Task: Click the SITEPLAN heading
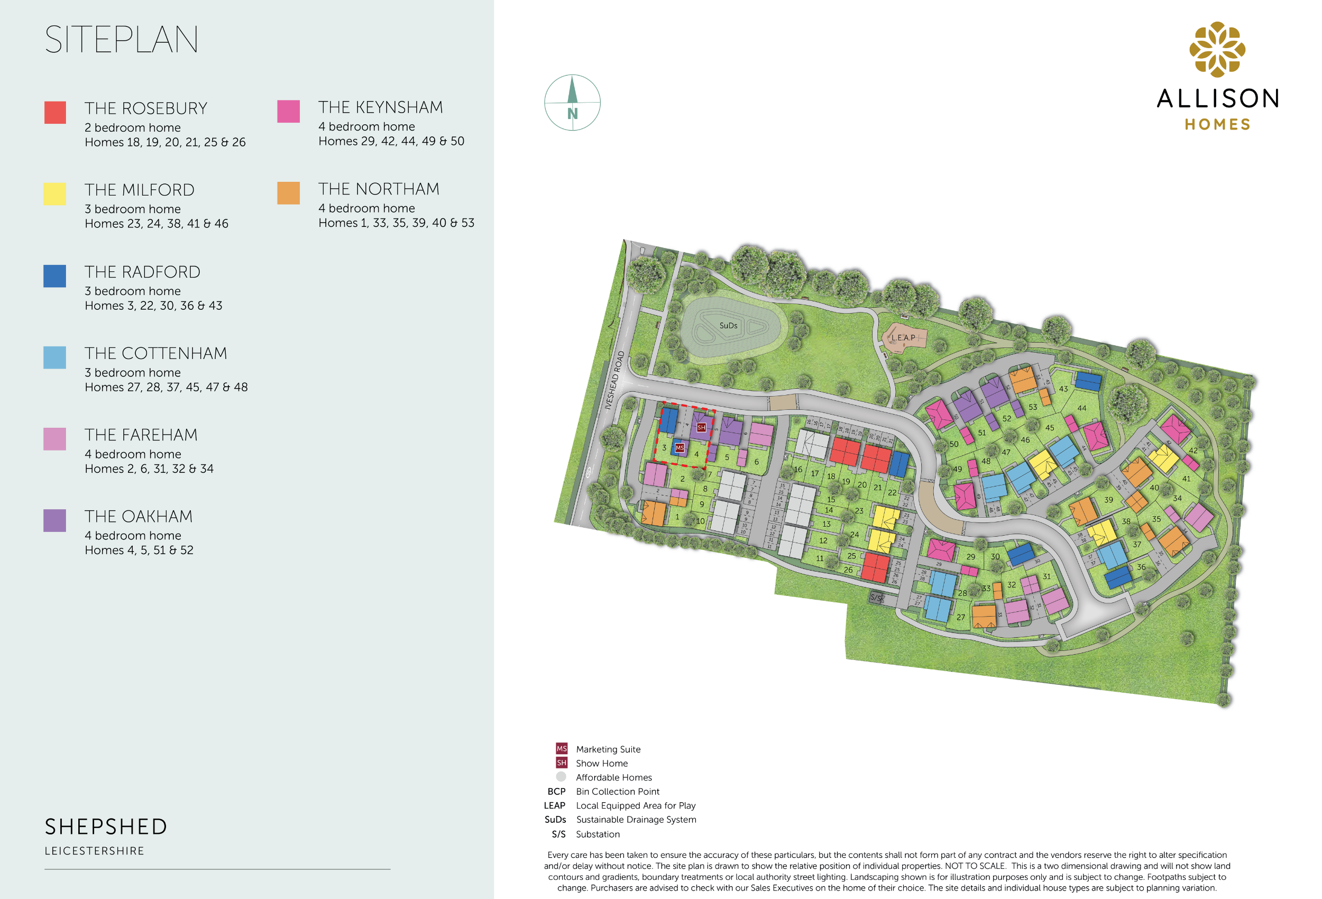(x=121, y=40)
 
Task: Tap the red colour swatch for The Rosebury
(x=55, y=112)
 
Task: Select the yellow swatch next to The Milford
(x=54, y=194)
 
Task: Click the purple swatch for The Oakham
(x=54, y=520)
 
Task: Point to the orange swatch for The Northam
(x=288, y=193)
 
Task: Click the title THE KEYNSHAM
(x=380, y=107)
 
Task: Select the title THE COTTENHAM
(x=156, y=353)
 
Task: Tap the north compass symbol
(x=572, y=103)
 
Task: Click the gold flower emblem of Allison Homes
(x=1217, y=50)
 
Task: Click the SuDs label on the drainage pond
(x=728, y=325)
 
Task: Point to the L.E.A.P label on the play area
(x=903, y=337)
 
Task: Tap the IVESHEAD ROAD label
(x=614, y=380)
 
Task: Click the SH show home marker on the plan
(x=701, y=427)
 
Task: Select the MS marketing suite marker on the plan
(x=679, y=448)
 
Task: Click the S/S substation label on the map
(x=876, y=598)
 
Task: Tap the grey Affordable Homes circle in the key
(x=561, y=777)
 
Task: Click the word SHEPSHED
(x=106, y=827)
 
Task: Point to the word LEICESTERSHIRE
(x=95, y=851)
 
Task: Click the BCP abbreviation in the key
(x=556, y=792)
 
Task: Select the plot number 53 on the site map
(x=1032, y=407)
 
